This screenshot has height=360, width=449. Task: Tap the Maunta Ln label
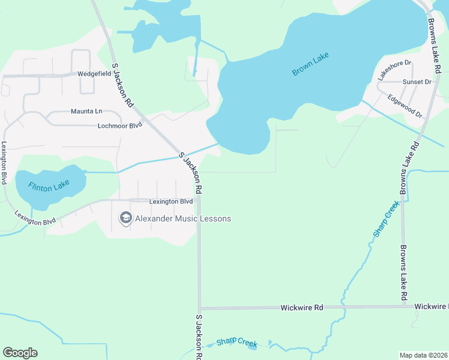point(86,112)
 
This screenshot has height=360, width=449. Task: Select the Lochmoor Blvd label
point(119,125)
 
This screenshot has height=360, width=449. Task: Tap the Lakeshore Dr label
point(394,70)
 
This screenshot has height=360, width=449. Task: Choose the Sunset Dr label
point(418,82)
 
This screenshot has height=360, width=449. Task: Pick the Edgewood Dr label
point(405,106)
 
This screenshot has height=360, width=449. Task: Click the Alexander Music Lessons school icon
point(125,218)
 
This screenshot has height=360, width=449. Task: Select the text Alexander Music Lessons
point(182,218)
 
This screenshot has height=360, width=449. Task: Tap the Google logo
point(20,353)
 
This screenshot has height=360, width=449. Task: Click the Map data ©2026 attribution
point(423,355)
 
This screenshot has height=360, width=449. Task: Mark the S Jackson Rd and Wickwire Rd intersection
point(199,308)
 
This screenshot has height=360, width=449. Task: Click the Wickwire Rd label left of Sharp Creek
point(302,307)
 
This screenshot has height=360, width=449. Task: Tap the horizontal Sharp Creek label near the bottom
point(237,342)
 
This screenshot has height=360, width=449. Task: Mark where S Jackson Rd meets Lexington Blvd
point(199,200)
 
